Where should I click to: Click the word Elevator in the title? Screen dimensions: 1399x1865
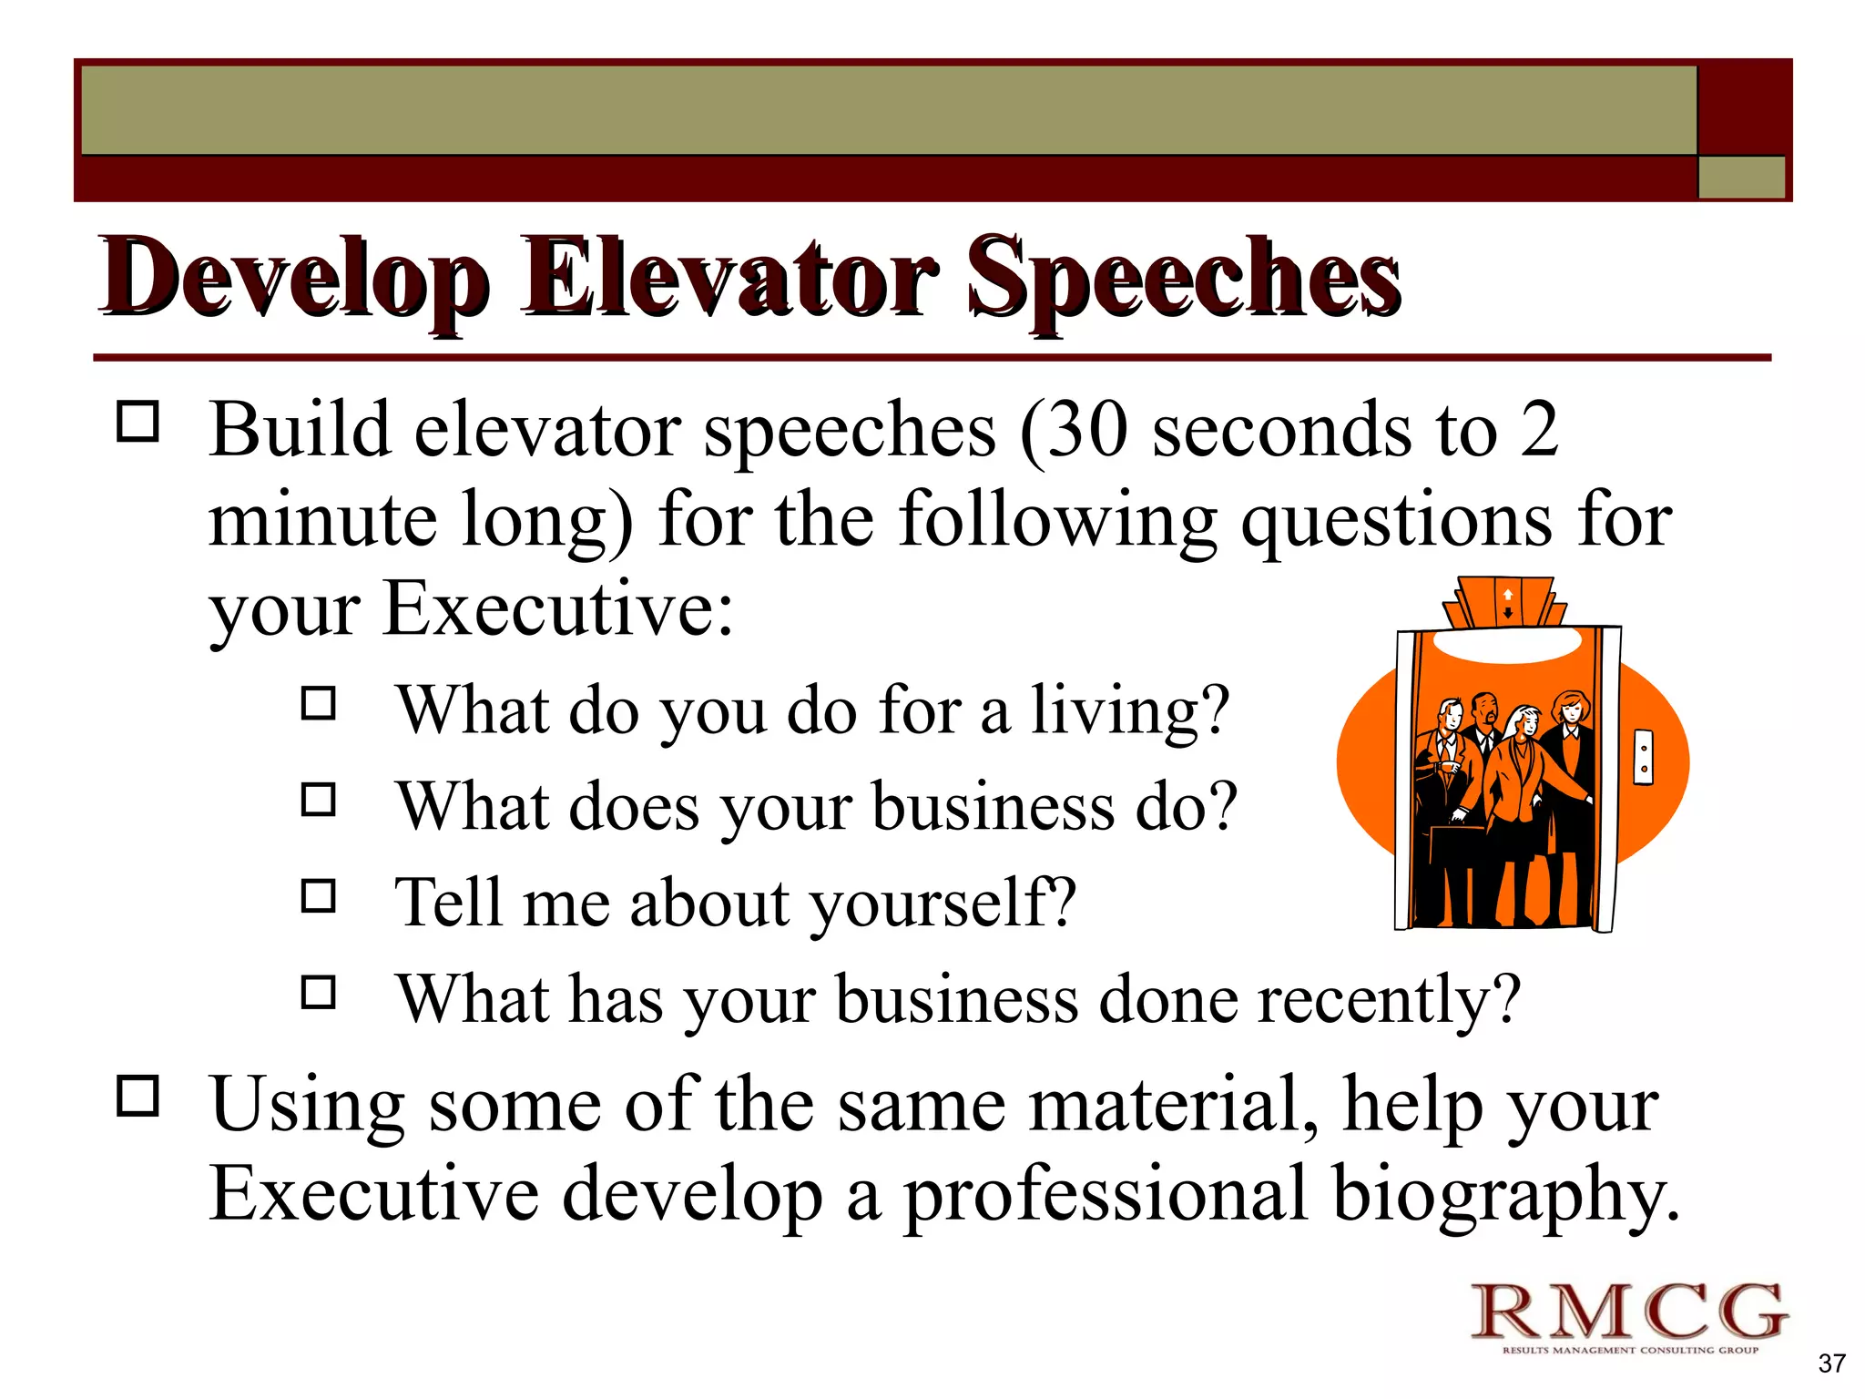(x=729, y=278)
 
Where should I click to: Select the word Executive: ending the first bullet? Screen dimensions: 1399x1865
(x=557, y=608)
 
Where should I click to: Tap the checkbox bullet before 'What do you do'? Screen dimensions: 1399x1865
(x=319, y=703)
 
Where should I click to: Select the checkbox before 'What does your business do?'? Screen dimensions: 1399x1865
(x=319, y=800)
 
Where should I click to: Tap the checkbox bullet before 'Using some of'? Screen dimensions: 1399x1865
(x=138, y=1096)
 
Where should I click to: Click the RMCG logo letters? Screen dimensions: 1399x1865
(x=1629, y=1311)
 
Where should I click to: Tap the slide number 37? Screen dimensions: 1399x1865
(x=1831, y=1363)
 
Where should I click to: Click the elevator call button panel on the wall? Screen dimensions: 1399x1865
(x=1644, y=757)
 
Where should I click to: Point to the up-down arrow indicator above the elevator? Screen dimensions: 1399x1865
(x=1508, y=603)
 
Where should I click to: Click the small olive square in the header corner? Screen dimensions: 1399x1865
(x=1741, y=177)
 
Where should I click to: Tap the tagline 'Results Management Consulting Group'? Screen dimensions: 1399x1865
(x=1630, y=1350)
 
